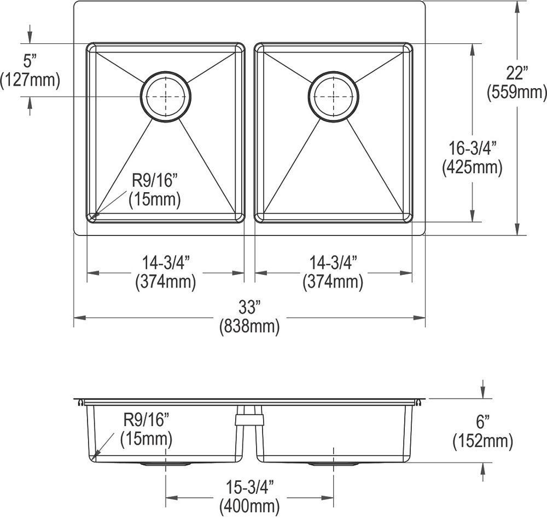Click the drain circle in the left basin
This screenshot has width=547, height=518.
click(x=166, y=96)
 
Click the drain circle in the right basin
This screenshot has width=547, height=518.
click(x=334, y=96)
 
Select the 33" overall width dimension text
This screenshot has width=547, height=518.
click(x=249, y=309)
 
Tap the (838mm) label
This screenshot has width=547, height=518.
click(x=249, y=327)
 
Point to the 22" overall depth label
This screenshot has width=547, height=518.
click(x=516, y=74)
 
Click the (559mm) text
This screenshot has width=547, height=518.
click(x=516, y=92)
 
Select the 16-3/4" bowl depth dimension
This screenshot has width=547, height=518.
click(x=472, y=149)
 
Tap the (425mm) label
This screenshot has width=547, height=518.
click(x=472, y=167)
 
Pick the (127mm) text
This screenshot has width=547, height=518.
click(x=30, y=79)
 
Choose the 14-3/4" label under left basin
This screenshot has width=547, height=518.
click(x=166, y=263)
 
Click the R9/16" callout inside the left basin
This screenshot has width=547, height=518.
click(x=154, y=181)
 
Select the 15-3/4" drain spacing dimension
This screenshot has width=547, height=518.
click(x=249, y=487)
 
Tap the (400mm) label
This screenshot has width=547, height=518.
click(x=249, y=505)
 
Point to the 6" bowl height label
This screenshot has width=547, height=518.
click(x=482, y=422)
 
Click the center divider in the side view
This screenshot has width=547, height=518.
click(x=249, y=419)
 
